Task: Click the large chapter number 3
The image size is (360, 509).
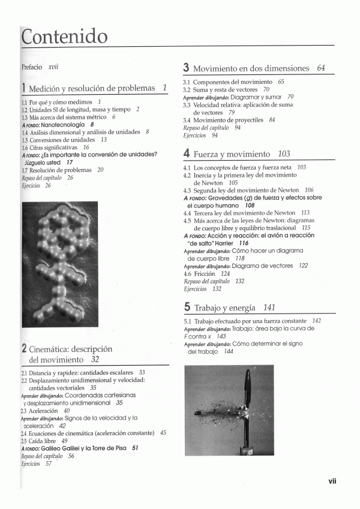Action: (x=187, y=68)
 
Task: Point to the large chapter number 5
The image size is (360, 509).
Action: (x=187, y=308)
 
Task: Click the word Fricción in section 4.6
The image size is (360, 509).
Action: (x=205, y=273)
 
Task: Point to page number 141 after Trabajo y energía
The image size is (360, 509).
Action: (x=269, y=308)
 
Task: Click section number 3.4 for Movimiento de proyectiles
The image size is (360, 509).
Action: (x=187, y=120)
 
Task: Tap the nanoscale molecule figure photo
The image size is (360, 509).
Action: (x=59, y=264)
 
